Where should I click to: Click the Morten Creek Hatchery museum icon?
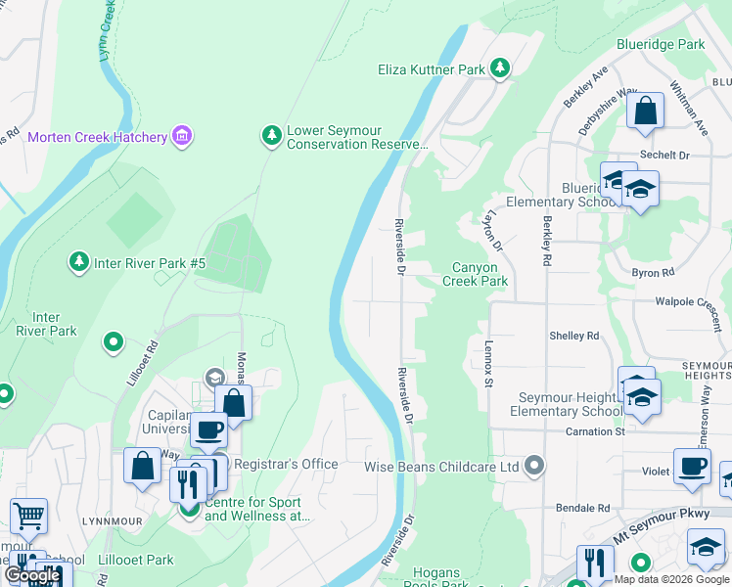(182, 137)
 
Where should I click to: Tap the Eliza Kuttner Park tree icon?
(500, 68)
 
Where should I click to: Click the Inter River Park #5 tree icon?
(78, 262)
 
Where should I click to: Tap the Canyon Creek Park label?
(476, 274)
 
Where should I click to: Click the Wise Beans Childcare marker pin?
(533, 466)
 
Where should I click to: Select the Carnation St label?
(593, 431)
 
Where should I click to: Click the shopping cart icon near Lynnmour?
(28, 515)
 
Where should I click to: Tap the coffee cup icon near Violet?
(691, 466)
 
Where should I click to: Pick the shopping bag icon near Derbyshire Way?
(646, 110)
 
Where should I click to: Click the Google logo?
(32, 575)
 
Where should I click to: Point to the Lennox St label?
(487, 362)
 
